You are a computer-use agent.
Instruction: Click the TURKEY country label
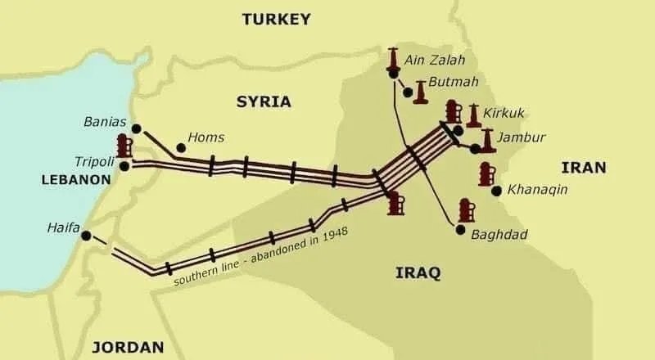[x=276, y=18]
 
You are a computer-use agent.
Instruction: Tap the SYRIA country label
[x=264, y=101]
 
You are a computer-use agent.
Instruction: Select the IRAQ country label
[x=418, y=272]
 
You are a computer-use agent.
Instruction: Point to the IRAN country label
[x=583, y=168]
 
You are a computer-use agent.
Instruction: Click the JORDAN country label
[x=128, y=346]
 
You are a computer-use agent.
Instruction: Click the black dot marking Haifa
[x=86, y=236]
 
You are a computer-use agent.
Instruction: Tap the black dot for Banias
[x=136, y=128]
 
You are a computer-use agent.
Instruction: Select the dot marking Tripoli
[x=124, y=166]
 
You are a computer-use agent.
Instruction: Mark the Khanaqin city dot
[x=496, y=191]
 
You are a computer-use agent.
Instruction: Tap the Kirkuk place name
[x=504, y=112]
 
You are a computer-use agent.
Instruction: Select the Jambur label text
[x=521, y=137]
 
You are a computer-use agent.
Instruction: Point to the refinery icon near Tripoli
[x=124, y=146]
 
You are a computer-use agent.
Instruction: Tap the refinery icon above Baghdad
[x=467, y=210]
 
